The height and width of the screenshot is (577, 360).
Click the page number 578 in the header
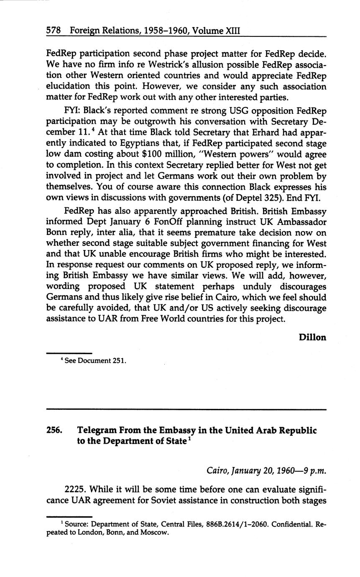(54, 31)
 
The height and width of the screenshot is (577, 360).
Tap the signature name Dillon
(312, 337)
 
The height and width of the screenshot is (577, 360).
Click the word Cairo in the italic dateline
(217, 471)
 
